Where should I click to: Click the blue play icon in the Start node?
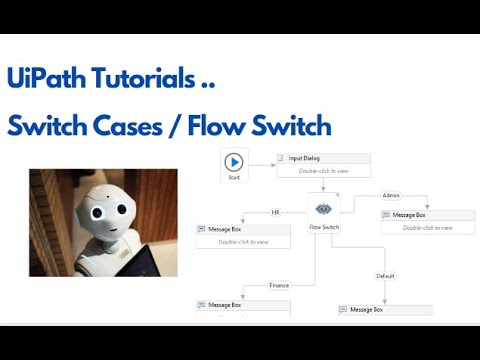coord(234,162)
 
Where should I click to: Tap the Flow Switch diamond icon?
coord(323,209)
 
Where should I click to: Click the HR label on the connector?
coord(275,212)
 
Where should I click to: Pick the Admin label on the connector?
coord(391,195)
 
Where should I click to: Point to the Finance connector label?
coord(279,285)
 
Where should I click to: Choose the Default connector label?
coord(386,275)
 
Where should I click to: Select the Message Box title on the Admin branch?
coord(409,215)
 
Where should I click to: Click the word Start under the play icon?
coord(234,177)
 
